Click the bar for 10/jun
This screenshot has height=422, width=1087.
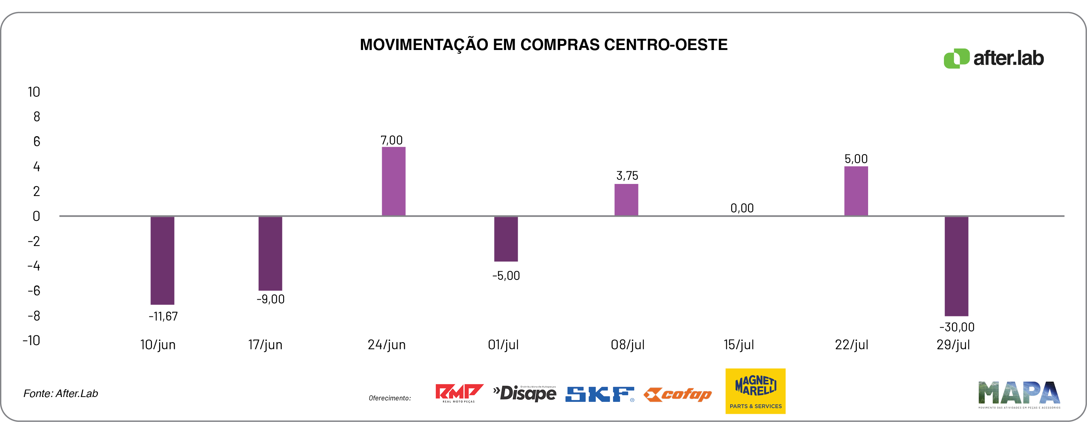click(x=162, y=260)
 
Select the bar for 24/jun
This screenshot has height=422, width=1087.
click(x=393, y=181)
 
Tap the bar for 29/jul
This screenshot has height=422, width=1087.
click(x=956, y=266)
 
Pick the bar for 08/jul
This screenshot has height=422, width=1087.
click(x=626, y=200)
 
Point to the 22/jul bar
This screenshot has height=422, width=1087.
click(x=856, y=191)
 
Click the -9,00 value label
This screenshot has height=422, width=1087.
click(x=270, y=299)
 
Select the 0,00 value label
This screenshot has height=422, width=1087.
click(x=742, y=208)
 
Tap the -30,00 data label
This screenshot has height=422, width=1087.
click(x=957, y=327)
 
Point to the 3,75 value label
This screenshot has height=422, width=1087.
click(x=627, y=176)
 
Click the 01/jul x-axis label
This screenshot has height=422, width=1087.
click(x=503, y=345)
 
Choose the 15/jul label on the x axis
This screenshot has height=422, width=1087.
click(x=738, y=345)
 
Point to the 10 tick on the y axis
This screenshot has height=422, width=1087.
click(x=34, y=92)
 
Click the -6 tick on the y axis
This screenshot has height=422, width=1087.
click(x=34, y=291)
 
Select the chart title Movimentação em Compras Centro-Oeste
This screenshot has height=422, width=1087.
click(x=543, y=45)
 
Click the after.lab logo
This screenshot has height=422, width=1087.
click(x=994, y=58)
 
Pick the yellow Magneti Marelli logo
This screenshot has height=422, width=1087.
click(x=755, y=391)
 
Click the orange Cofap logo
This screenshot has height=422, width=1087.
click(x=678, y=395)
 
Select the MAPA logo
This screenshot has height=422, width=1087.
click(x=1019, y=395)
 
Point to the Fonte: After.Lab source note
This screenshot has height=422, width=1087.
click(x=61, y=393)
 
